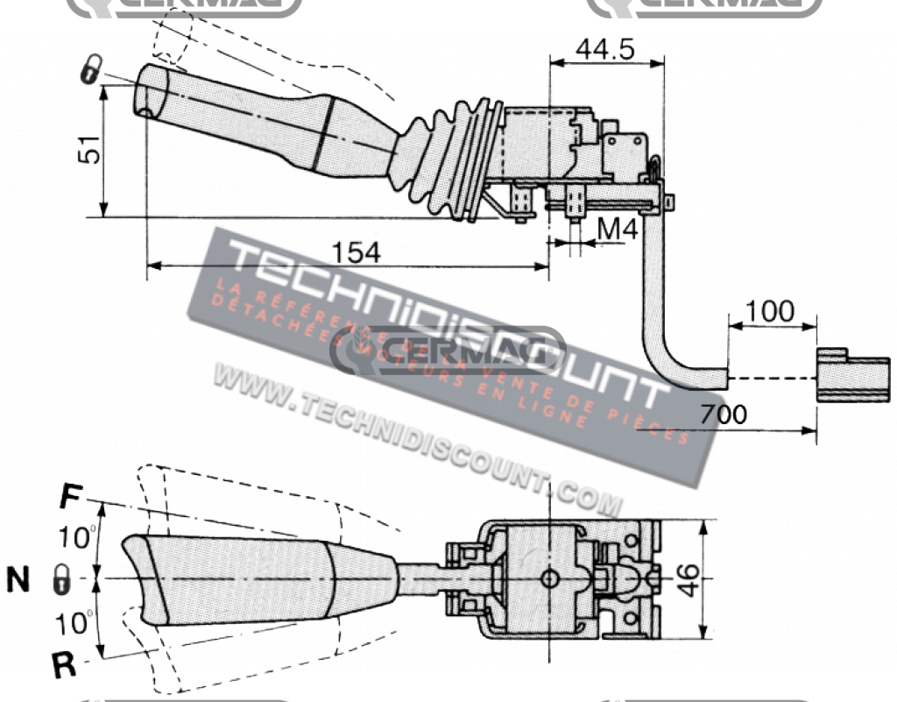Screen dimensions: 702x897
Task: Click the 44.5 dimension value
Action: pyautogui.click(x=604, y=49)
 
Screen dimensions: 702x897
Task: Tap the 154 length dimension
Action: pyautogui.click(x=357, y=252)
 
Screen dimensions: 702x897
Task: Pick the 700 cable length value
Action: pyautogui.click(x=723, y=413)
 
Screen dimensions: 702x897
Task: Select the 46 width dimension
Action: pyautogui.click(x=692, y=578)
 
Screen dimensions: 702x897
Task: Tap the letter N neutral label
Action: pyautogui.click(x=18, y=579)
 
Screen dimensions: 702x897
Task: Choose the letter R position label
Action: pyautogui.click(x=63, y=665)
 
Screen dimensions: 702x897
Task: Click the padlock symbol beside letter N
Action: pyautogui.click(x=61, y=579)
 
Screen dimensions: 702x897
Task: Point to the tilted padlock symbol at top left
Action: pyautogui.click(x=89, y=70)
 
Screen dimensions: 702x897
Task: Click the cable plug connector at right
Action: pyautogui.click(x=846, y=376)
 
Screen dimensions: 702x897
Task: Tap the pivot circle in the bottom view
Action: pyautogui.click(x=549, y=578)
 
